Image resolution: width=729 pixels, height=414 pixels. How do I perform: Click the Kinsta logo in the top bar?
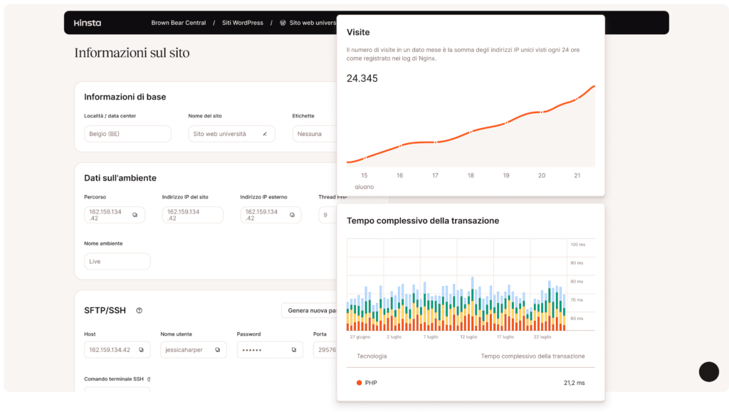(88, 23)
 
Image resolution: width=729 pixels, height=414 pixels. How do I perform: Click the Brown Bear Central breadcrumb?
(178, 23)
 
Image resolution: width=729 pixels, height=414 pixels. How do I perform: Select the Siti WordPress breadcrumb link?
(242, 23)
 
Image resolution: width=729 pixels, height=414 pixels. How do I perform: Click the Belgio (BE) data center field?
(127, 134)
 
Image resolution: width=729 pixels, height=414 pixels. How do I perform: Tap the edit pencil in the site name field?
(265, 134)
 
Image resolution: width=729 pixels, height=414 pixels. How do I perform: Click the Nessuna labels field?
(314, 134)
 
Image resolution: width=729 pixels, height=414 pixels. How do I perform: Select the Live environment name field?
(117, 262)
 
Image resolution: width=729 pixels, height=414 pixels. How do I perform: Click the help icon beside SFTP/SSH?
(140, 310)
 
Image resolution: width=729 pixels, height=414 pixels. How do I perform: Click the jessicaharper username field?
(193, 350)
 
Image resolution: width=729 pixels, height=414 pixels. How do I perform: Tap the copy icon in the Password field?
(293, 350)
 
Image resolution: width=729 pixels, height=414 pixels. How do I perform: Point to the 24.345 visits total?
(362, 78)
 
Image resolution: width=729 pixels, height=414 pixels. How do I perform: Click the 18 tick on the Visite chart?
(471, 176)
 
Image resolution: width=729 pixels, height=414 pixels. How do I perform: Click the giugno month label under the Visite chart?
(364, 186)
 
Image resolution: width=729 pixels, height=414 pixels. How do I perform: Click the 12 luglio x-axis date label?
(468, 336)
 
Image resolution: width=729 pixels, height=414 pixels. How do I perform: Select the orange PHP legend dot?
(360, 383)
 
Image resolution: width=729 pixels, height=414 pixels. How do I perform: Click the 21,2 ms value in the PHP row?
(574, 383)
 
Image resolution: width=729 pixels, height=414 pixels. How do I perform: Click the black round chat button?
(708, 371)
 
